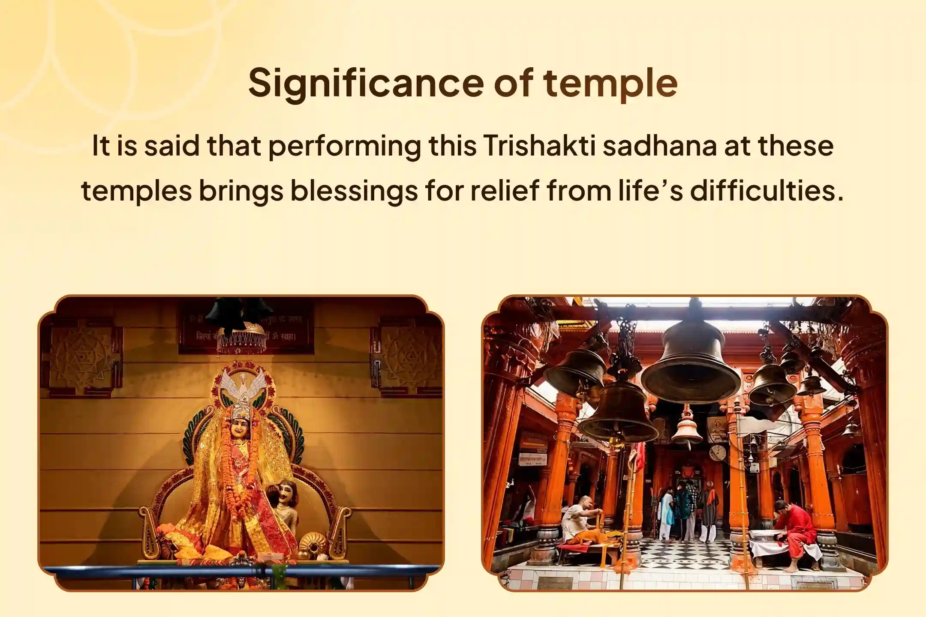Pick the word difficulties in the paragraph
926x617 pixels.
point(767,191)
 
